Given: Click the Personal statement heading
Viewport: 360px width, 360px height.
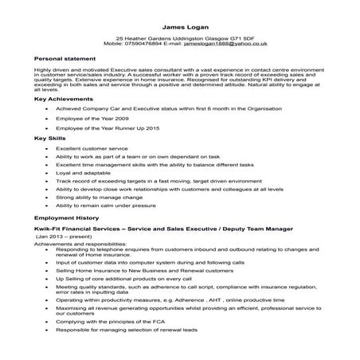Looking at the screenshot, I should pyautogui.click(x=63, y=59).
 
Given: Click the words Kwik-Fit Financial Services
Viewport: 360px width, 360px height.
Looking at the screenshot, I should pyautogui.click(x=78, y=229).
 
